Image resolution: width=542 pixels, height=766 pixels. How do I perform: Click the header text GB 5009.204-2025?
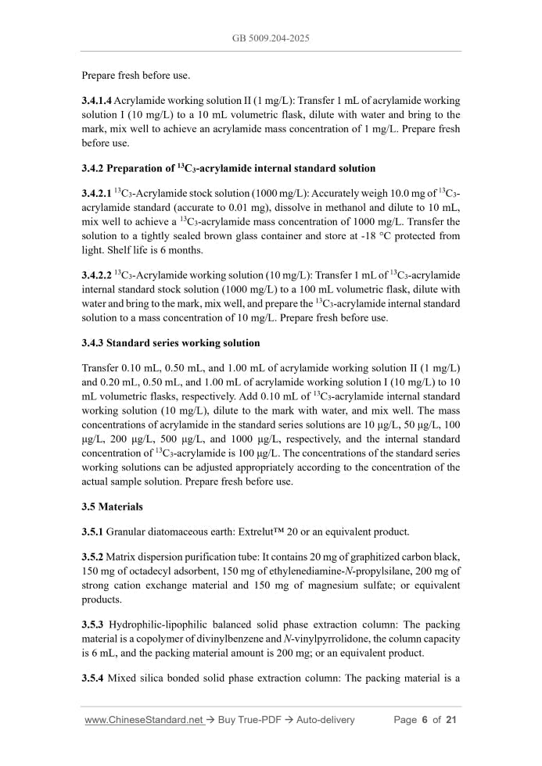pos(271,36)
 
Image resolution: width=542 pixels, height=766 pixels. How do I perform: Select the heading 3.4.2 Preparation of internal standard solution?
pos(228,168)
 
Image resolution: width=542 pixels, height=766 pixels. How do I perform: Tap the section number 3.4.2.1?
pos(97,193)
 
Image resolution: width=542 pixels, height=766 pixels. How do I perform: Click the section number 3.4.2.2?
pos(97,276)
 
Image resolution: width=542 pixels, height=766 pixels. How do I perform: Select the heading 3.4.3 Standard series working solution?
pos(170,343)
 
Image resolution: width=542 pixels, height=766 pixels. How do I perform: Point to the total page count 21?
pos(450,720)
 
